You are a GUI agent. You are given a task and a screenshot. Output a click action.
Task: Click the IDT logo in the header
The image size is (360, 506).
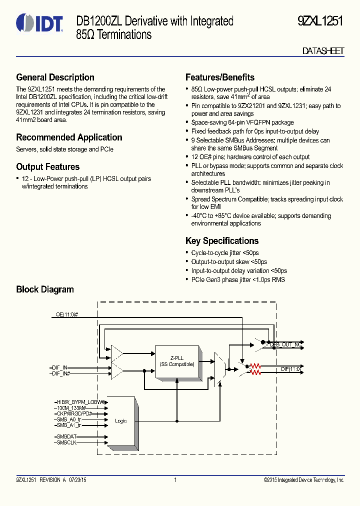[x=39, y=23]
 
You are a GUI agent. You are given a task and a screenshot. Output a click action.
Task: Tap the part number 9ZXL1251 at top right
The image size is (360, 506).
[x=320, y=21]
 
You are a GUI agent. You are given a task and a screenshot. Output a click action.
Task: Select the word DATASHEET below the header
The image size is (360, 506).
[x=323, y=51]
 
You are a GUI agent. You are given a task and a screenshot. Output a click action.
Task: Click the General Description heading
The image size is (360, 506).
[x=55, y=77]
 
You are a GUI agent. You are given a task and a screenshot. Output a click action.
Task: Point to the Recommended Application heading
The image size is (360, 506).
[x=69, y=137]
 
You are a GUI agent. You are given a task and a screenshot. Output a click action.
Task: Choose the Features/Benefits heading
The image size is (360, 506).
[x=219, y=77]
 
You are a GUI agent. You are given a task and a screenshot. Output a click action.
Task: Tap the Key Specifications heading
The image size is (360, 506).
[x=221, y=241]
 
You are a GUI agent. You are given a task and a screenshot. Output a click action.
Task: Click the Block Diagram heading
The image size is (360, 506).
[x=45, y=289]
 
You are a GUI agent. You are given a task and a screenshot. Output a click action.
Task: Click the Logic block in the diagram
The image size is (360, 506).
[x=121, y=421]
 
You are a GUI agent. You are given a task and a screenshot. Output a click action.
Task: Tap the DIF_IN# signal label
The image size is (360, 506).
[x=60, y=373]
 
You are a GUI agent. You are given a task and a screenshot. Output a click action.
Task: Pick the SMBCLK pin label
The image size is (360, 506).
[x=66, y=442]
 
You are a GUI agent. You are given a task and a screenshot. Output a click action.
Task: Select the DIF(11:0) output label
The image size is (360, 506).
[x=290, y=369]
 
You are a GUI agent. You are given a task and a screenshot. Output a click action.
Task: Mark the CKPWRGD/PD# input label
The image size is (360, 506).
[x=73, y=413]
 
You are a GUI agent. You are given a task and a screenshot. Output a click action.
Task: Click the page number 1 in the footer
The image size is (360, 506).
[x=175, y=480]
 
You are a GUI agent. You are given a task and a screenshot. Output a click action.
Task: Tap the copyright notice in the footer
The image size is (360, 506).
[x=303, y=480]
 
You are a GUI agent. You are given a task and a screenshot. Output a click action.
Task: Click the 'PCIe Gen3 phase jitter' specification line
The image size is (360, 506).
[x=237, y=279]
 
